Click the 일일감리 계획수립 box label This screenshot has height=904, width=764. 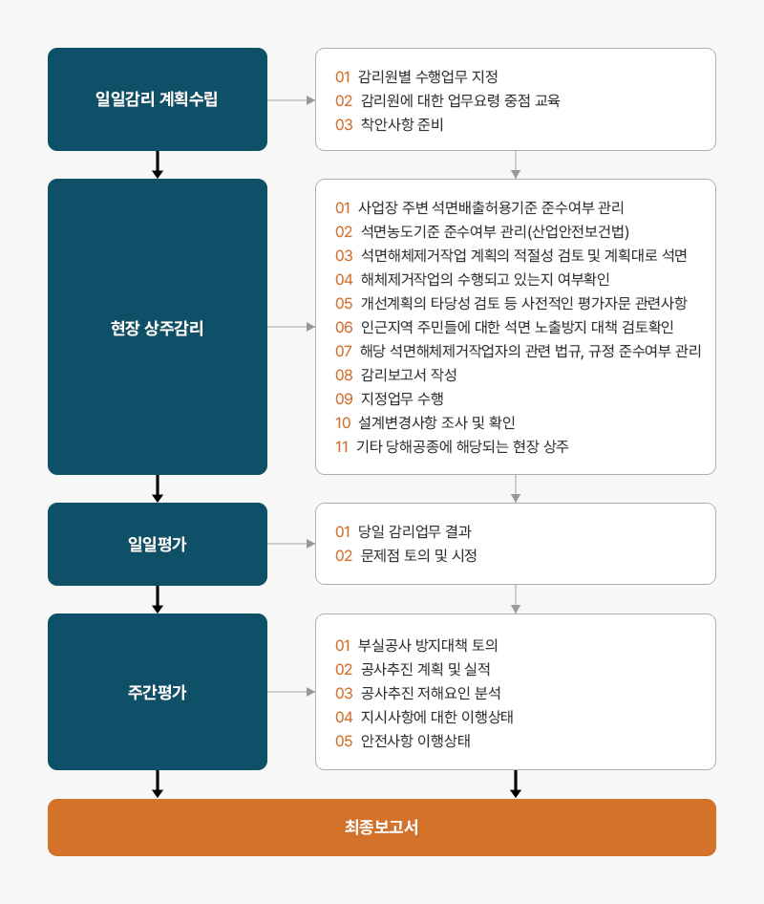157,99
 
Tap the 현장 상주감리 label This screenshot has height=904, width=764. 157,328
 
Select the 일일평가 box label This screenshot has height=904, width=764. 158,544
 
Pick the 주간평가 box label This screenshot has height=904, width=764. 158,692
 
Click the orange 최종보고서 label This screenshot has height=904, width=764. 381,828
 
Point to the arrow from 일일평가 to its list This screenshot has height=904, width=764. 291,544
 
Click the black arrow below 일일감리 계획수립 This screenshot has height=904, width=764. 158,165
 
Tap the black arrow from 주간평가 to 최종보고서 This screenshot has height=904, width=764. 158,785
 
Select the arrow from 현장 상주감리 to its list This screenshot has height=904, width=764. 291,327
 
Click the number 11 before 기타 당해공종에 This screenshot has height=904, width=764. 342,447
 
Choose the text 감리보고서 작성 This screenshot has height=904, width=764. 409,375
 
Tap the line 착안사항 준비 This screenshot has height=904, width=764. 402,124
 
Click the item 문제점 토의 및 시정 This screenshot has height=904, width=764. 418,556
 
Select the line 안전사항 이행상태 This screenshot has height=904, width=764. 415,741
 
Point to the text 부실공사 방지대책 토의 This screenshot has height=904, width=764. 428,645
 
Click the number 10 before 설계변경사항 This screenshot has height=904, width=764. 343,423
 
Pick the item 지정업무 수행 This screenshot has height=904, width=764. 402,398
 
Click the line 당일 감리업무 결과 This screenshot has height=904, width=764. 414,531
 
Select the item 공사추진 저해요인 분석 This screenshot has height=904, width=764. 431,693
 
